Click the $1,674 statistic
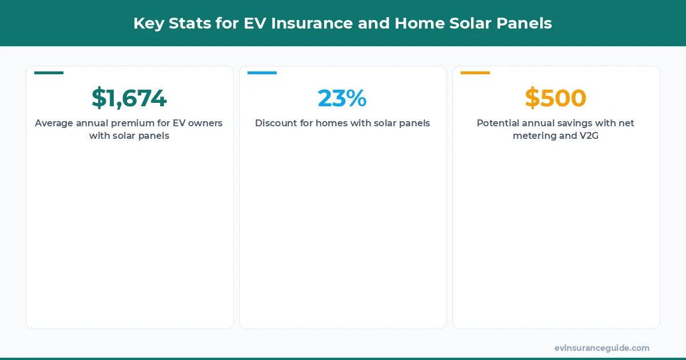pos(129,98)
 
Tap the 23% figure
pos(342,98)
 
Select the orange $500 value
pos(555,98)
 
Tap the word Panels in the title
pos(528,23)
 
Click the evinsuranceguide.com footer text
pos(601,348)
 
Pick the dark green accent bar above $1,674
pos(49,73)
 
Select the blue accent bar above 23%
pos(262,73)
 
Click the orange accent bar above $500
pos(475,73)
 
